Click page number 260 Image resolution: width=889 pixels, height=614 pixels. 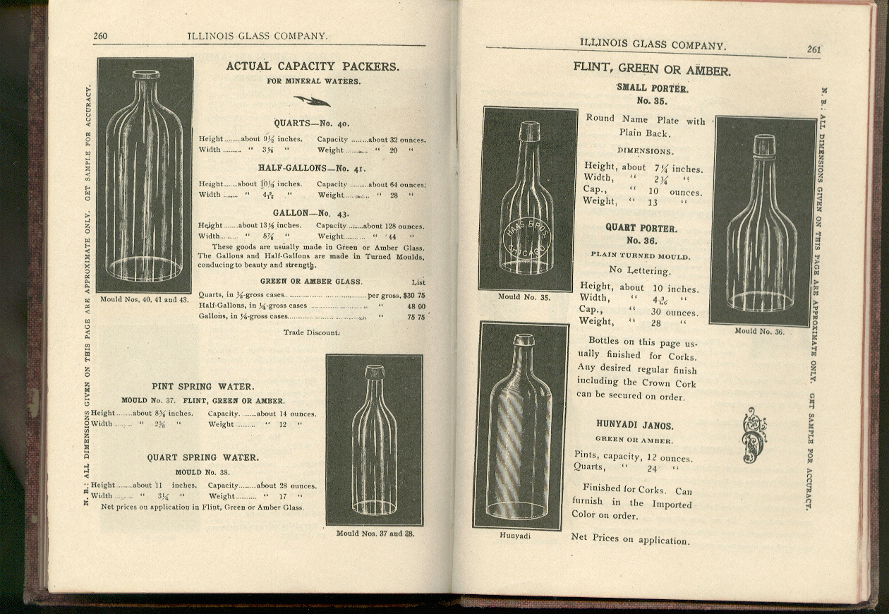click(100, 36)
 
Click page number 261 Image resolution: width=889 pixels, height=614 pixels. click(814, 49)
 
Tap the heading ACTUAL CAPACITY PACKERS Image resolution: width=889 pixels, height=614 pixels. click(313, 66)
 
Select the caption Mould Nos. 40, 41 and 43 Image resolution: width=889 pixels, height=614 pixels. click(144, 299)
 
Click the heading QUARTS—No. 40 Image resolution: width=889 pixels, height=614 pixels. click(311, 124)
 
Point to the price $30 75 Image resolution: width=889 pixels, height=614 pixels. click(414, 295)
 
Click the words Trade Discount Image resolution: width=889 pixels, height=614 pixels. click(311, 332)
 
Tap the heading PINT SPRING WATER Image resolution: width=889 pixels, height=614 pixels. click(203, 387)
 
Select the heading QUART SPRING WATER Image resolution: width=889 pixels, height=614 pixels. click(202, 457)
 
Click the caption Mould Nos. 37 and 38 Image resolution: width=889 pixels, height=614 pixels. click(374, 534)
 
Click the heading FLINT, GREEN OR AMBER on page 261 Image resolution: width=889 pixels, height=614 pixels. click(651, 71)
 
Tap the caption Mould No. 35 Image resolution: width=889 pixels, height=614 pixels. click(524, 297)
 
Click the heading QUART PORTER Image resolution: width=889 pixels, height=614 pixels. click(641, 229)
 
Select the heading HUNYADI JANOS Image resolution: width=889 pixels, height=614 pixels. click(634, 426)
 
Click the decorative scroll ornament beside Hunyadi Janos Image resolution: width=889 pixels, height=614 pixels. click(754, 435)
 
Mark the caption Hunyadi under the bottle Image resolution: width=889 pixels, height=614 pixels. click(514, 536)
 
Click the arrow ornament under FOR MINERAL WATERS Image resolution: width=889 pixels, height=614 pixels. click(312, 101)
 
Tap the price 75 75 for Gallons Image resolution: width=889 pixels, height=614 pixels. click(416, 318)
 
